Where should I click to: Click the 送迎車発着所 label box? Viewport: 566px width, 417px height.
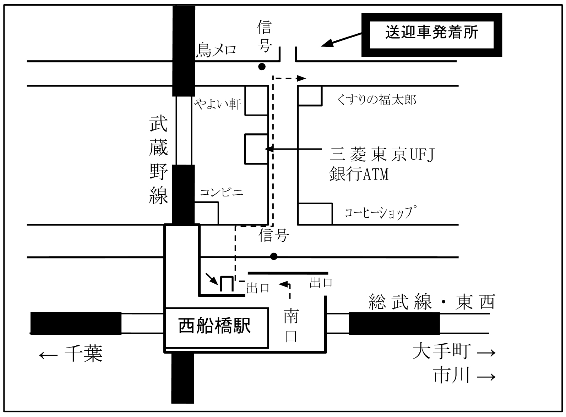click(x=431, y=34)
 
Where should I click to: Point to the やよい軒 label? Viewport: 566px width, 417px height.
click(x=218, y=104)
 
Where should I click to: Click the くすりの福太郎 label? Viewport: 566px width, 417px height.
click(x=376, y=100)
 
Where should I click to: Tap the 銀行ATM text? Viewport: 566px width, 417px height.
click(x=359, y=174)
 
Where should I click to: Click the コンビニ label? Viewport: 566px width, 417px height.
click(x=221, y=193)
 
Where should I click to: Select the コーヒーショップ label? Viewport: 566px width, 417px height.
click(x=380, y=213)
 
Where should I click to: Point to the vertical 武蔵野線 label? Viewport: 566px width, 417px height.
click(x=158, y=161)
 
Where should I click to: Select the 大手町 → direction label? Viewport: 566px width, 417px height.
click(x=454, y=352)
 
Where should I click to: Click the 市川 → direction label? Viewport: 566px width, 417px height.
click(x=464, y=376)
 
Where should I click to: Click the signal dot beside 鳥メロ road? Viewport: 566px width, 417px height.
click(x=262, y=66)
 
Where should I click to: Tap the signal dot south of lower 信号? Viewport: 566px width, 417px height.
click(x=273, y=256)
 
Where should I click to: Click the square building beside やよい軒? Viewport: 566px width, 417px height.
click(x=256, y=100)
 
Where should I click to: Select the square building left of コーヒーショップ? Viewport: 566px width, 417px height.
click(x=315, y=214)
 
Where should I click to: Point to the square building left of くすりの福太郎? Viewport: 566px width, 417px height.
click(x=310, y=95)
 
